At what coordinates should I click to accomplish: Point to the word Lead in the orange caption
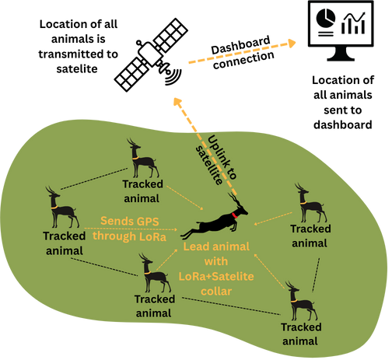[x=196, y=246]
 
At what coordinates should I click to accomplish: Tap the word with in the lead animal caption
[x=218, y=262]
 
